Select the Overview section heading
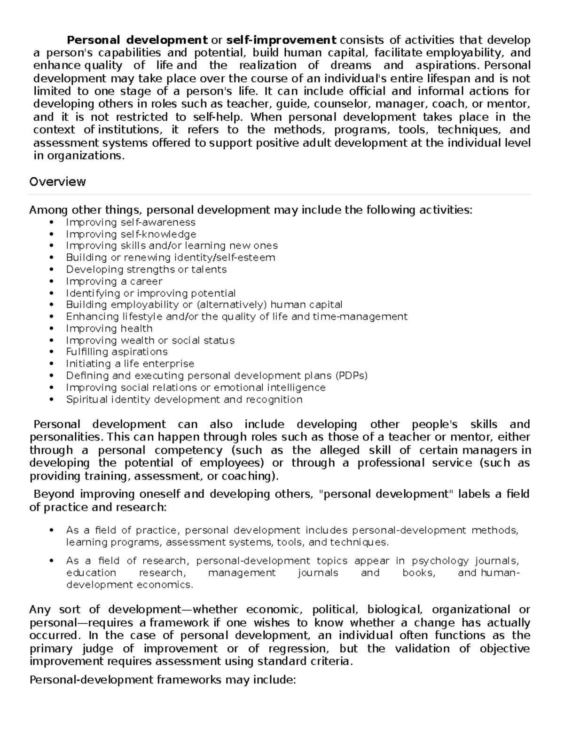click(x=57, y=182)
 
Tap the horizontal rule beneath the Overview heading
click(x=279, y=194)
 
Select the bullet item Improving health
click(x=109, y=329)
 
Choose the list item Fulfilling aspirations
click(x=117, y=352)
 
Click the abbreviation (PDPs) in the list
click(x=351, y=376)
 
